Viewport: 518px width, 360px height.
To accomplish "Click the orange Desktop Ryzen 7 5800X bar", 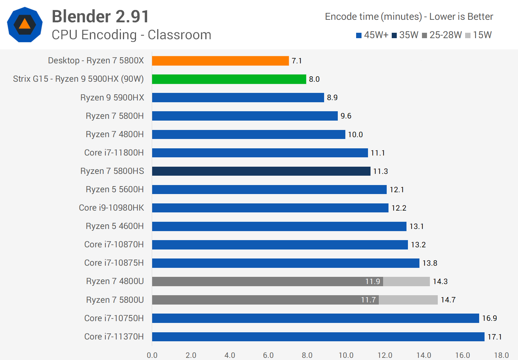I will click(220, 61).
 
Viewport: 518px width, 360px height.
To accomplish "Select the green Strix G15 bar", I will click(229, 79).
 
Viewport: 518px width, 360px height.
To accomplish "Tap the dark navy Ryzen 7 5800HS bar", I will click(261, 171).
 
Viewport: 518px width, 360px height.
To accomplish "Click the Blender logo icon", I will click(25, 24).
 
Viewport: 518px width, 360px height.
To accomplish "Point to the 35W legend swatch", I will click(394, 35).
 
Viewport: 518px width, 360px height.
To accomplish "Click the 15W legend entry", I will click(478, 35).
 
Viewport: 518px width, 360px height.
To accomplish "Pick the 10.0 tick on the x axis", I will click(346, 355).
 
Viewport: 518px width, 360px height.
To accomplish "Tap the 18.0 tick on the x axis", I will click(501, 355).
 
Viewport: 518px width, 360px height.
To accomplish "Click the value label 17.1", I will click(495, 337).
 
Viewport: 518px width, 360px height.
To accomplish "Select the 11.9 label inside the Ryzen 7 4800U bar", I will click(372, 282).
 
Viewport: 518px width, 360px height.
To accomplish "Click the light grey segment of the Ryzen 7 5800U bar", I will click(408, 300).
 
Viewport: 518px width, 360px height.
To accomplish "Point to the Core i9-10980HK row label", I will click(112, 208).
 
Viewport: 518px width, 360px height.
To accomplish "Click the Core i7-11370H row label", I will click(114, 337).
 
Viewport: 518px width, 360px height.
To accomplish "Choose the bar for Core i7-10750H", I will click(315, 318).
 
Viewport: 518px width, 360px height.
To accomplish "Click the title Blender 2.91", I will click(100, 17).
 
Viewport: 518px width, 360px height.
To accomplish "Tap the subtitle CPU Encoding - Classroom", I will click(131, 35).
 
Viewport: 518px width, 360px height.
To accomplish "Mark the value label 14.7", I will click(448, 300).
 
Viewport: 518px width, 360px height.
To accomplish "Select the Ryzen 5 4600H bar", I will click(279, 226).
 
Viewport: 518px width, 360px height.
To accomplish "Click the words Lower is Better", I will click(461, 17).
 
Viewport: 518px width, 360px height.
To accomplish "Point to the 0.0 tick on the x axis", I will click(152, 355).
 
